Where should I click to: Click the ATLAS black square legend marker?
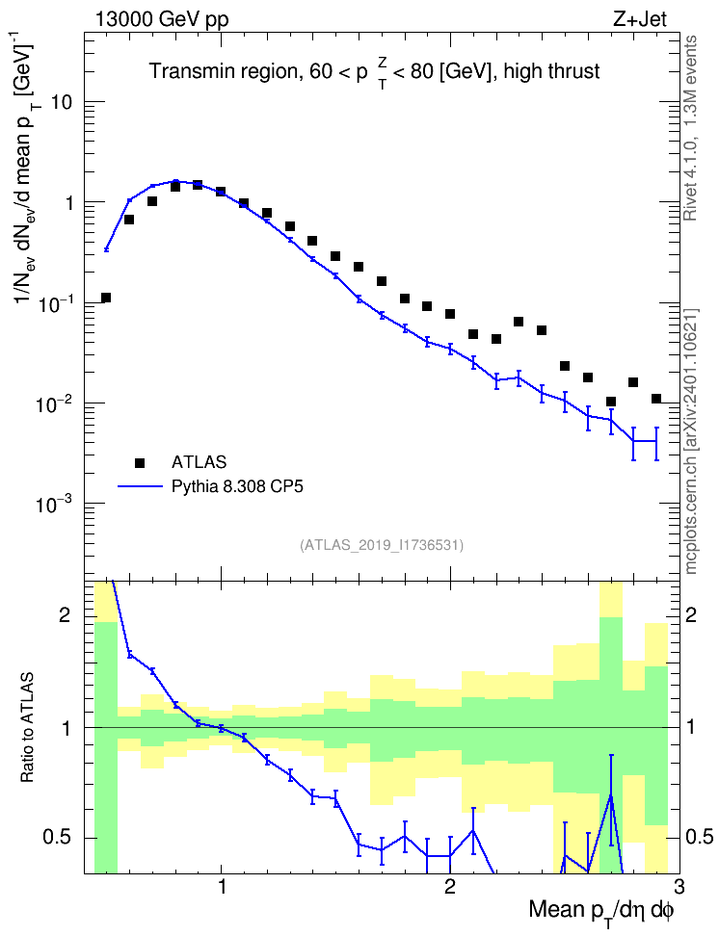click(139, 462)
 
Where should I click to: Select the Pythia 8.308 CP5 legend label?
click(237, 486)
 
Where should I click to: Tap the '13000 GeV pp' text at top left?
click(161, 19)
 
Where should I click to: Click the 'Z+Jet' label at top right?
click(640, 19)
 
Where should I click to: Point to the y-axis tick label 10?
click(62, 102)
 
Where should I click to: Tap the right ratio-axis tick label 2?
click(691, 614)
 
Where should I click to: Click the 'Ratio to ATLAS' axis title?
click(26, 728)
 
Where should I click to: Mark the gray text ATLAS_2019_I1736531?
click(382, 545)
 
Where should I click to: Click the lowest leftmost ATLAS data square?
click(106, 298)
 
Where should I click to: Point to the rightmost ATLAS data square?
click(656, 398)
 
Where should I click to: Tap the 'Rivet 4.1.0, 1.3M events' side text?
click(691, 128)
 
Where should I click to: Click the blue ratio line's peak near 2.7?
click(611, 795)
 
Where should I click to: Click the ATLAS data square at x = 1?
click(221, 192)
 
